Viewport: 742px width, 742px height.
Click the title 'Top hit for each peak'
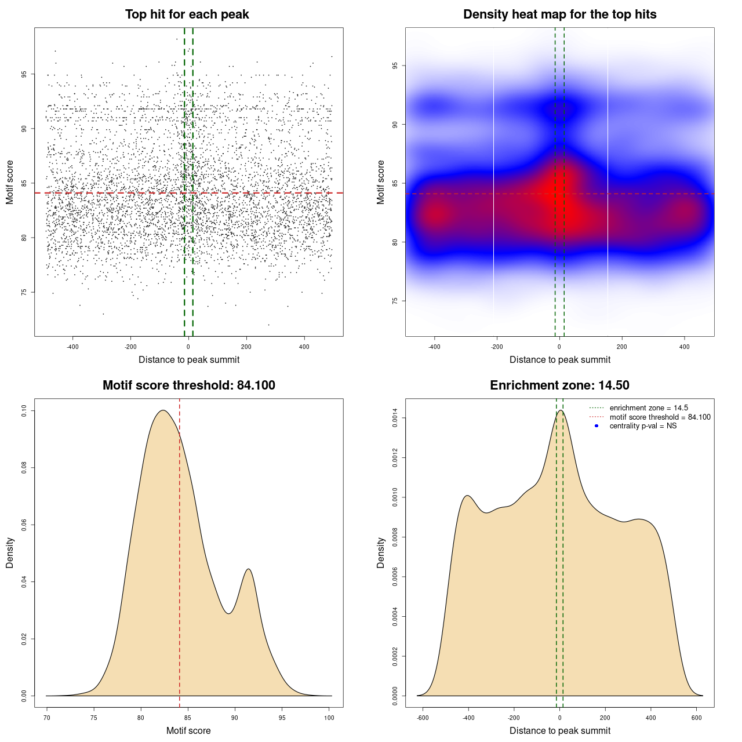point(187,14)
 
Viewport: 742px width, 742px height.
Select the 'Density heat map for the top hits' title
point(559,14)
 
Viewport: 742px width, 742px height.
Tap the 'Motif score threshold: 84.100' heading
point(188,385)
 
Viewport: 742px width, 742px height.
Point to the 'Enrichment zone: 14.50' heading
point(559,385)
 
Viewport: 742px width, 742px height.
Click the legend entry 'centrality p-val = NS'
point(643,426)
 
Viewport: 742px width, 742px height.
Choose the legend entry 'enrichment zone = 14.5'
point(649,408)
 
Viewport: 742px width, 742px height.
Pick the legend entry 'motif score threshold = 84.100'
point(660,417)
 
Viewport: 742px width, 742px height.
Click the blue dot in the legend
point(596,426)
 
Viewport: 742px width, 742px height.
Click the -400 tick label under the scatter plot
point(72,347)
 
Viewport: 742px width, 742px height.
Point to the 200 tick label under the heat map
point(621,347)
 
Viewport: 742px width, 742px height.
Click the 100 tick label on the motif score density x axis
point(329,718)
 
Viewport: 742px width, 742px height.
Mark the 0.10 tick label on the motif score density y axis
point(24,411)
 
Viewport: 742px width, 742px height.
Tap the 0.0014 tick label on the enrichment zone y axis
point(395,418)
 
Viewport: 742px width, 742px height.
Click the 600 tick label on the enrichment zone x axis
point(697,718)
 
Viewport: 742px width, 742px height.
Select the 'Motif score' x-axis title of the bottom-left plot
point(188,730)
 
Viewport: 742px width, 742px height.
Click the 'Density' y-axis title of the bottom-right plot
point(381,552)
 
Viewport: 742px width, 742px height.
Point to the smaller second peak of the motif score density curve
point(248,569)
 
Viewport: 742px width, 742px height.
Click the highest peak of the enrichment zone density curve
point(560,411)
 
